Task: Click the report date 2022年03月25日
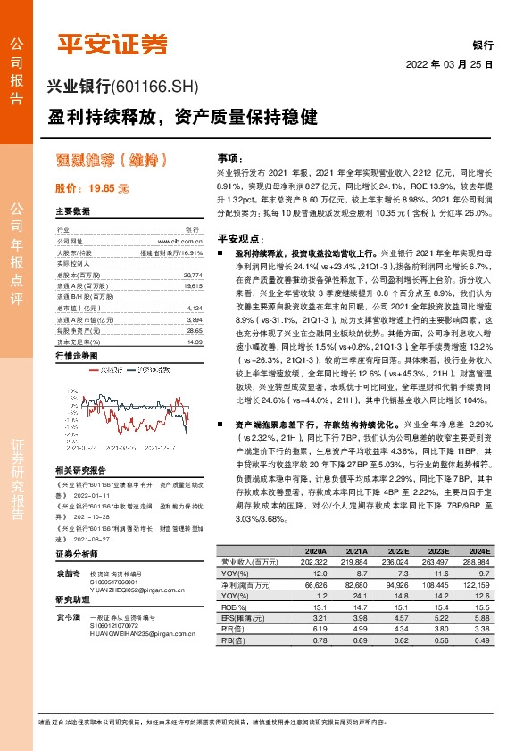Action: click(450, 64)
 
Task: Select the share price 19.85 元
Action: click(92, 189)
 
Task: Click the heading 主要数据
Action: click(72, 211)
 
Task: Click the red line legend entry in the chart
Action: click(109, 368)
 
